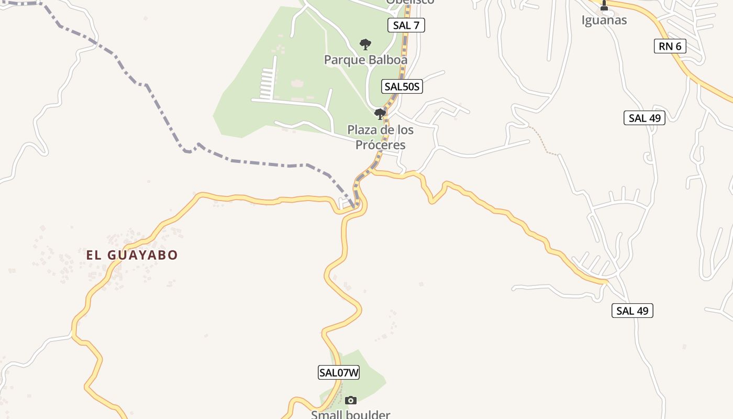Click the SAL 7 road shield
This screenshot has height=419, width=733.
coord(406,25)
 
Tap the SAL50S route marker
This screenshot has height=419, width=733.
coord(402,86)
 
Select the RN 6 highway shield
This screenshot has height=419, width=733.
coord(670,46)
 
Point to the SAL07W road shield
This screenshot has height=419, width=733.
coord(339,372)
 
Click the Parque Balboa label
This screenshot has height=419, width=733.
coord(365,60)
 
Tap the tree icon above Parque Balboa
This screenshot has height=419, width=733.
coord(365,45)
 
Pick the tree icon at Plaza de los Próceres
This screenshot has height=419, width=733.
coord(380,114)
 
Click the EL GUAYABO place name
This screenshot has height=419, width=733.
coord(132,255)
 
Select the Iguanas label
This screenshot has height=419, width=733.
coord(604,20)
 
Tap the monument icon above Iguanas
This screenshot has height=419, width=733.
coord(604,6)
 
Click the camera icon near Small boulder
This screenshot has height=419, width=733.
coord(351,401)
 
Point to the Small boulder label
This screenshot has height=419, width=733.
coord(350,415)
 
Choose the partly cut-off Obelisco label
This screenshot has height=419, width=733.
coord(410,2)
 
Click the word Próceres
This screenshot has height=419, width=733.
coord(381,145)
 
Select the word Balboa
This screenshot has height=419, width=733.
coord(388,60)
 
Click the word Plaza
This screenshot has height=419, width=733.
coord(363,130)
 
